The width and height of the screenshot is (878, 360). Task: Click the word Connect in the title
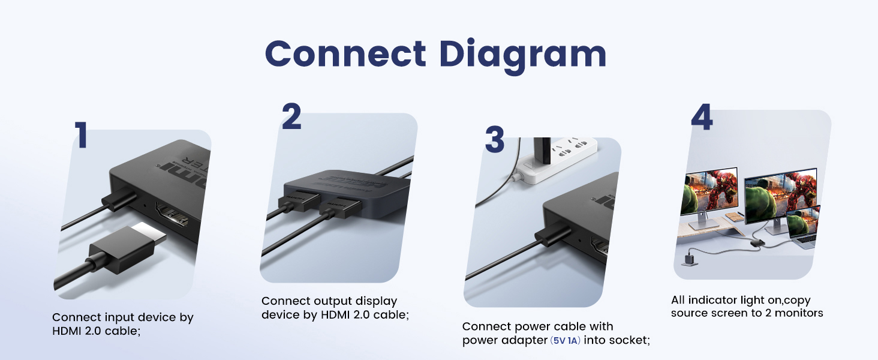coord(345,54)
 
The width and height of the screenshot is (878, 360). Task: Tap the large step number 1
coord(81,136)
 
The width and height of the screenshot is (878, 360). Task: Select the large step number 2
coord(291,116)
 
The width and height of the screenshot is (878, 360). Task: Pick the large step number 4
coord(702,118)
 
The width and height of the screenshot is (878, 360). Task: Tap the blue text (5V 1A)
coord(566,340)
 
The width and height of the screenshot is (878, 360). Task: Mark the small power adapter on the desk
coord(687,260)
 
